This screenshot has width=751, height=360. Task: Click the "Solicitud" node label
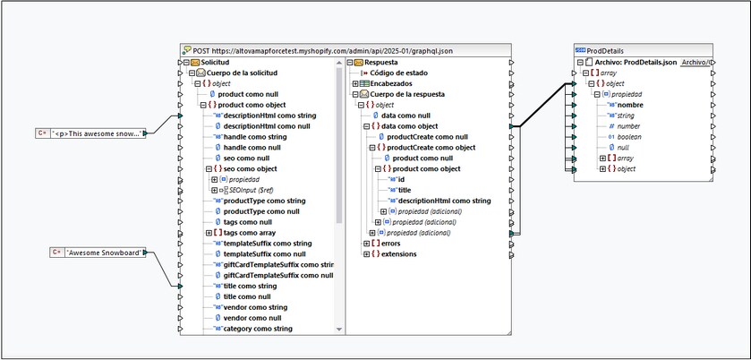(215, 63)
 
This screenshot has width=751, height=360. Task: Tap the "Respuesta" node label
(380, 63)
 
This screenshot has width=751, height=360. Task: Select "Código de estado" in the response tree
(398, 73)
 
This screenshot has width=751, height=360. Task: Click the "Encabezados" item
(391, 83)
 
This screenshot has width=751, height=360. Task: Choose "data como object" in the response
(409, 126)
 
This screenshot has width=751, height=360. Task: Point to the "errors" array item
(392, 243)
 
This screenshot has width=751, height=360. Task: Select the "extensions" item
(398, 253)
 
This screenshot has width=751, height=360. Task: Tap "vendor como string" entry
(256, 307)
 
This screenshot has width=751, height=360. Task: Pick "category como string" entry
(258, 329)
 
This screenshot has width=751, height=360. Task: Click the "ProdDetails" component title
(605, 51)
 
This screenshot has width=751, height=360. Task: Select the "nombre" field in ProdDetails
(630, 105)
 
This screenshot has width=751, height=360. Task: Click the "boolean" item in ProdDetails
(629, 137)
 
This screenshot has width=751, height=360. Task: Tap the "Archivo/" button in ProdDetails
(696, 63)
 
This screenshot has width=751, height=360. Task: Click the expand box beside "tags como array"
(209, 233)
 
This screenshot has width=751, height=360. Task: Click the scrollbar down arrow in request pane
(339, 330)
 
